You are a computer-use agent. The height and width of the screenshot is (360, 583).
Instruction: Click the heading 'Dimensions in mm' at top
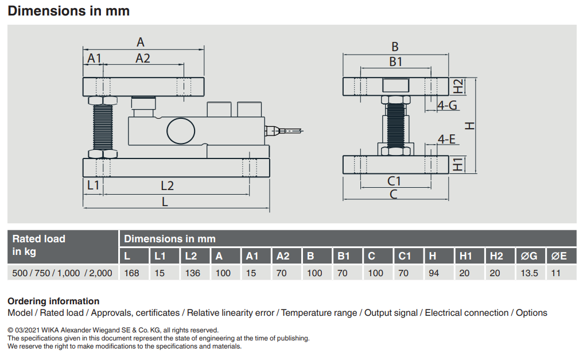click(x=68, y=11)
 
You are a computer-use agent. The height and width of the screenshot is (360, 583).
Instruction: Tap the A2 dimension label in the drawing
click(x=142, y=58)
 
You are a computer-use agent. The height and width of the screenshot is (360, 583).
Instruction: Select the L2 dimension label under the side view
click(x=167, y=185)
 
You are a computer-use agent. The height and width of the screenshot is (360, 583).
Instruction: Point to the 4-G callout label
click(x=447, y=105)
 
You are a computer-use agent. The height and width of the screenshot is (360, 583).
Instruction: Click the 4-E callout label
click(x=446, y=139)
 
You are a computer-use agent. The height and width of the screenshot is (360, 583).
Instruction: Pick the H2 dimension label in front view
click(x=458, y=86)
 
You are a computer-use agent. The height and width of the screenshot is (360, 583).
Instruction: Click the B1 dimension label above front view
click(x=395, y=61)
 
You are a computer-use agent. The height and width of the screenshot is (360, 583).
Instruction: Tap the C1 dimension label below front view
click(x=394, y=181)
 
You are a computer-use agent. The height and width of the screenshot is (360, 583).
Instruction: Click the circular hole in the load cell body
click(x=180, y=130)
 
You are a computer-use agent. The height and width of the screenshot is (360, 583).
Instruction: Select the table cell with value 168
click(x=132, y=273)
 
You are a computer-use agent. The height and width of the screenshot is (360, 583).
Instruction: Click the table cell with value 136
click(x=193, y=273)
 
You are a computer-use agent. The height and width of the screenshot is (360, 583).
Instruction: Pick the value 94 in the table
click(x=434, y=273)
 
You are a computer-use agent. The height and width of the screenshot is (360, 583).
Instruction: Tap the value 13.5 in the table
click(x=529, y=273)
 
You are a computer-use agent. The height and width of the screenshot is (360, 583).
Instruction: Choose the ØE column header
click(x=559, y=256)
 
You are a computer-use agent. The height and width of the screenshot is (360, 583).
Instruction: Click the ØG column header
click(x=529, y=256)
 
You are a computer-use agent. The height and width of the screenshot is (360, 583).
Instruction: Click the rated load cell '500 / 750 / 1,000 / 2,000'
click(x=62, y=273)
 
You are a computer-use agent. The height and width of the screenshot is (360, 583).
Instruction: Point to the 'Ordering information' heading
click(x=53, y=301)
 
